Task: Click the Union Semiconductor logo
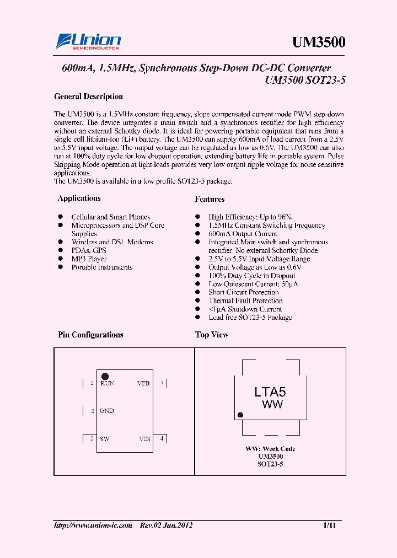(x=88, y=42)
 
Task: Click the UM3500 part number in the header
(x=318, y=42)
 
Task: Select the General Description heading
(x=88, y=96)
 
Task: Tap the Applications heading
(x=79, y=198)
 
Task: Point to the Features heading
(x=210, y=199)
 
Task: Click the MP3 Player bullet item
(x=89, y=259)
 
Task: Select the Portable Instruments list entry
(x=102, y=267)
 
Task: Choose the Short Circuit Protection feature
(x=243, y=292)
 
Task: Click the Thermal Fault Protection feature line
(x=245, y=301)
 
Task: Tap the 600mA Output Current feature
(x=243, y=234)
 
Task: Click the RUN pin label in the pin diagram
(x=107, y=383)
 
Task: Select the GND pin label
(x=107, y=411)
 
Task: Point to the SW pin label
(x=105, y=439)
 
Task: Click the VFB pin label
(x=143, y=383)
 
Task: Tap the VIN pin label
(x=144, y=439)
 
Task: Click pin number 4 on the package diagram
(x=162, y=438)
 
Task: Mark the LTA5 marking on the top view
(x=270, y=392)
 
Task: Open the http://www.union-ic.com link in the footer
(x=93, y=525)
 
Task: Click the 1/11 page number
(x=329, y=525)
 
